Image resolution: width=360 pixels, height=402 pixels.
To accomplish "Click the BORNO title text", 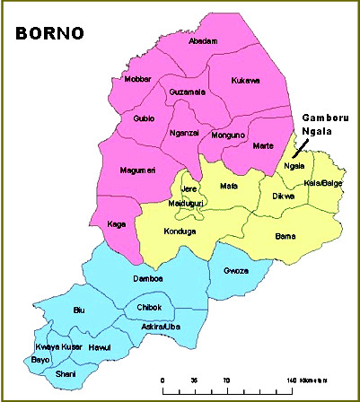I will [x=48, y=34].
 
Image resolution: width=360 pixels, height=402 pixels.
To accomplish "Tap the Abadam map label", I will [x=204, y=41].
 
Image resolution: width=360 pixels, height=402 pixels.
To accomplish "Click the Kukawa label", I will [x=245, y=80].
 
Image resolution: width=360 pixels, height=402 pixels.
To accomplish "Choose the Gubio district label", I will [x=145, y=118].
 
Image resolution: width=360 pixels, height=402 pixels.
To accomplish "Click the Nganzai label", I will [x=185, y=133].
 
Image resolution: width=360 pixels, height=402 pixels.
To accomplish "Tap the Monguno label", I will [x=227, y=135].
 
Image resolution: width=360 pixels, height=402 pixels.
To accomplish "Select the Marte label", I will [x=263, y=145].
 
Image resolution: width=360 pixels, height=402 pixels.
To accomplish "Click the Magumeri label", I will [x=139, y=170].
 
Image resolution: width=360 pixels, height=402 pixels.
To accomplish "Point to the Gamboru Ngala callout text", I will [x=322, y=125].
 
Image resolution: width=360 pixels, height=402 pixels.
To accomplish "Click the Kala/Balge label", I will [x=324, y=183].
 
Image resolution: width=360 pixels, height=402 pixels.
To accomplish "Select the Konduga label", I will [x=180, y=230].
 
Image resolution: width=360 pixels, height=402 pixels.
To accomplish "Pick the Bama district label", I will [x=285, y=235].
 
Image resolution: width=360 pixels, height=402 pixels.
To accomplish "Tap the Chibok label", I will [x=148, y=308].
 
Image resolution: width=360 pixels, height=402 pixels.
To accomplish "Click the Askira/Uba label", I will [x=161, y=328].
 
